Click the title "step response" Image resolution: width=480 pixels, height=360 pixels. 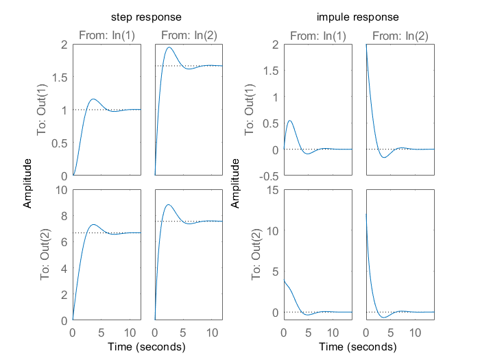tap(146, 17)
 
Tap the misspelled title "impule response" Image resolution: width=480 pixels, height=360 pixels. tap(357, 17)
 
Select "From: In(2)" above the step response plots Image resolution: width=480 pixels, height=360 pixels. tap(189, 36)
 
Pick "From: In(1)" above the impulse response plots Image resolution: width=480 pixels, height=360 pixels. tap(318, 36)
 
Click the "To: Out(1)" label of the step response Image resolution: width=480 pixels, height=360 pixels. tap(42, 109)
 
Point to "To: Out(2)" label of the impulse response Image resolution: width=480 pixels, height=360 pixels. tap(256, 254)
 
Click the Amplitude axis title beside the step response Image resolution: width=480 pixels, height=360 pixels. tap(27, 183)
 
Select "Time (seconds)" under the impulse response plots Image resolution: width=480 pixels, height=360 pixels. tap(357, 347)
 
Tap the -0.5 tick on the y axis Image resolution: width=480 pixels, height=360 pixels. tap(269, 176)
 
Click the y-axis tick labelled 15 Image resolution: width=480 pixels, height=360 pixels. tap(272, 190)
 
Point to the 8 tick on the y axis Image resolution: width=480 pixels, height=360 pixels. tap(64, 216)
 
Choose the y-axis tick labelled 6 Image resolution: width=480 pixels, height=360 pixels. tap(64, 242)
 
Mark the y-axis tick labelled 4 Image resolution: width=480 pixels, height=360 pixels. tap(64, 269)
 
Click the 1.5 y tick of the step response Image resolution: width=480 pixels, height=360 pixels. tap(60, 77)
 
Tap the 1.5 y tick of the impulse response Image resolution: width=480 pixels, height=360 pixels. tap(271, 71)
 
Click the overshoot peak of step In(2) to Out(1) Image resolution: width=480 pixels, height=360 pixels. tap(169, 47)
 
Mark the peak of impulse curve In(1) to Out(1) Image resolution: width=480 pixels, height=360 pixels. tap(289, 121)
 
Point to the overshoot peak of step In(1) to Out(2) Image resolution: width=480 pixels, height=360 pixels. tap(93, 224)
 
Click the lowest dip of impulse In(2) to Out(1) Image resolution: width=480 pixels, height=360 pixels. tap(385, 157)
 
